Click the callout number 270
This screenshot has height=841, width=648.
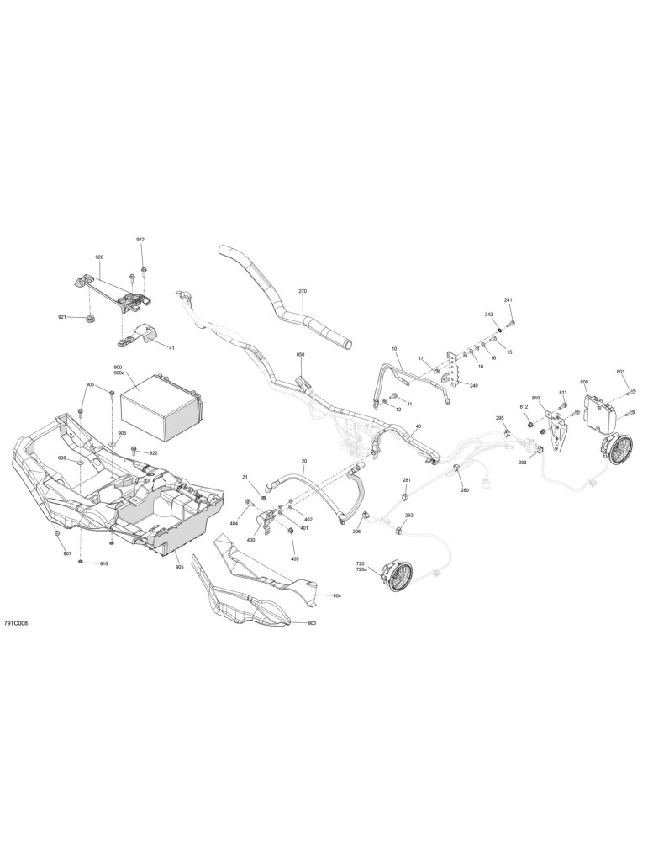303,291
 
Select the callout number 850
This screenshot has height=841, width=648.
300,355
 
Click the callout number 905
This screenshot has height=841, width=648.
179,566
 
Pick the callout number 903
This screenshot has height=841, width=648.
312,623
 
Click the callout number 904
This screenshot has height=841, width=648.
336,596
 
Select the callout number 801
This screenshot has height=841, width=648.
620,371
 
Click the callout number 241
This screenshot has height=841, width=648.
508,299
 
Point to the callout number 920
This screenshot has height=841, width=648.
99,257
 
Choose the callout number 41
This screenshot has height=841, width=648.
171,348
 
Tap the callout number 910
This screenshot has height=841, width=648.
103,563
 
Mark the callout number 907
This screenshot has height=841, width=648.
67,553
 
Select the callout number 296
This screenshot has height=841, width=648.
357,532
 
